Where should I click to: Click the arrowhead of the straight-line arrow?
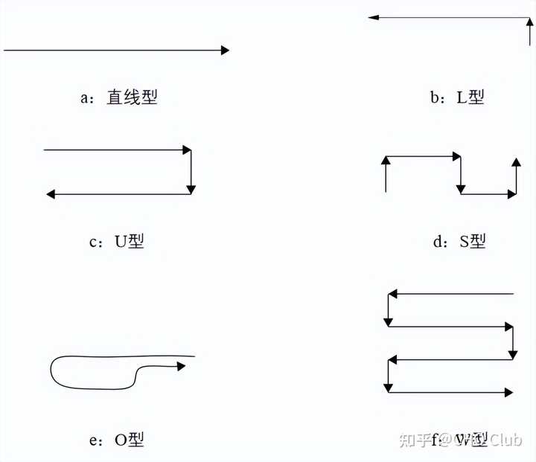[225, 51]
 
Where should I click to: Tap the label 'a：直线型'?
[119, 97]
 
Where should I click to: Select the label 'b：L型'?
[457, 97]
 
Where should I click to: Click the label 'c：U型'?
[117, 241]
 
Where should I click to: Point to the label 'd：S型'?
[458, 241]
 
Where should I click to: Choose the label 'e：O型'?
[117, 440]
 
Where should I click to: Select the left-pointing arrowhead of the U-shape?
[51, 194]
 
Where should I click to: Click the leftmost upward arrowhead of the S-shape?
[386, 161]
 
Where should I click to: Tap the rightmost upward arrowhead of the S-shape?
[515, 161]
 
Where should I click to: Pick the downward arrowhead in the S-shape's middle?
[461, 187]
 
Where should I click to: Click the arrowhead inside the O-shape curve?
[181, 365]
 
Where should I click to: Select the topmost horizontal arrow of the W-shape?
[450, 294]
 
